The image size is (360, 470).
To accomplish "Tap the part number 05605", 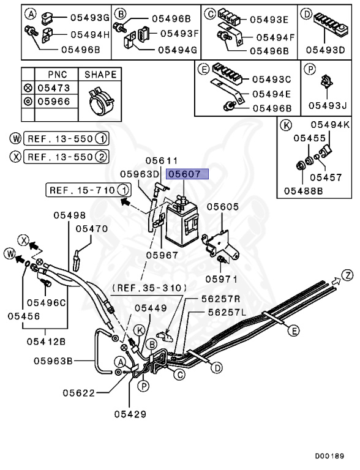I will [x=222, y=207].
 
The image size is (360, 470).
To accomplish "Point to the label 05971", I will [x=220, y=278].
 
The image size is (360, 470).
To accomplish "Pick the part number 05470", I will [x=91, y=229].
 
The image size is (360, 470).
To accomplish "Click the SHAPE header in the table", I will [x=100, y=75].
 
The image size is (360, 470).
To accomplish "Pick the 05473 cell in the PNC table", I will [x=53, y=88].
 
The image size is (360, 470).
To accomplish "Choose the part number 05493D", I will [x=325, y=49].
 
